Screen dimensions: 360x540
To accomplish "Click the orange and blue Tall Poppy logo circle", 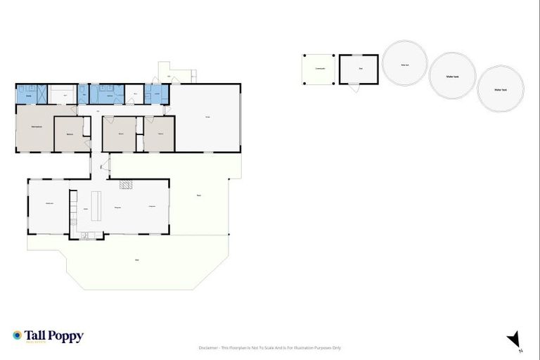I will [x=17, y=336].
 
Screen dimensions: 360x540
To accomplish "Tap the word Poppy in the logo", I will [x=67, y=337].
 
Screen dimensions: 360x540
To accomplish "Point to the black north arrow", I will [x=515, y=340].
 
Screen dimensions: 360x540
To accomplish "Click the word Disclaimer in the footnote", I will [x=209, y=348].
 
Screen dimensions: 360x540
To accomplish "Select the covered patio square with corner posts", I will [x=319, y=70].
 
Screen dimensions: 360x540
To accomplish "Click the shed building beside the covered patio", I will [x=359, y=69].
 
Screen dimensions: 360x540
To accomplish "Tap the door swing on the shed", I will [x=352, y=87].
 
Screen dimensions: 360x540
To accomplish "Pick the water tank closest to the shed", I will [x=405, y=63].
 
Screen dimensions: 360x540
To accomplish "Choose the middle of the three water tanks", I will [x=452, y=75].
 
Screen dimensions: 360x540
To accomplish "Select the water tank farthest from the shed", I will [x=501, y=89].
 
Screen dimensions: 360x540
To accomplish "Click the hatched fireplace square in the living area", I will [x=126, y=185].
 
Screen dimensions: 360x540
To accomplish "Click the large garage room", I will [x=207, y=117].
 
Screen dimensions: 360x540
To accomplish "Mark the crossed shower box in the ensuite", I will [x=42, y=94].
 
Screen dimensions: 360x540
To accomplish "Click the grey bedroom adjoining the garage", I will [x=160, y=134].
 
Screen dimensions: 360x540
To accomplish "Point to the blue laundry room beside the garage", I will [x=157, y=94].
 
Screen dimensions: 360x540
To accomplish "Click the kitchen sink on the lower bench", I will [x=84, y=235].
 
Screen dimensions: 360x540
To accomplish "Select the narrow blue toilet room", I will [x=83, y=94].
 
